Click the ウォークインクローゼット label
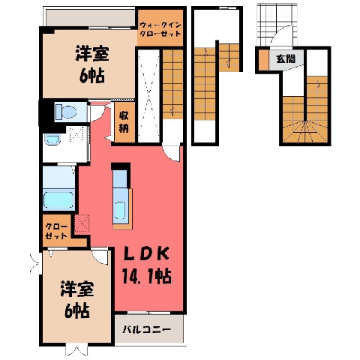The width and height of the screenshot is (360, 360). click(160, 29)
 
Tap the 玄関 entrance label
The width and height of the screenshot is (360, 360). click(286, 59)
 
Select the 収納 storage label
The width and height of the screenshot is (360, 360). click(124, 121)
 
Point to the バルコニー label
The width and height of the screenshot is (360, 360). click(147, 329)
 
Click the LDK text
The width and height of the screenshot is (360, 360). click(146, 254)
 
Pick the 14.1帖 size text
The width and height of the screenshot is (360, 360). click(146, 277)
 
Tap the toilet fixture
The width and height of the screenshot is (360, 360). click(66, 112)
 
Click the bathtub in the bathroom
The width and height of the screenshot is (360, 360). click(58, 199)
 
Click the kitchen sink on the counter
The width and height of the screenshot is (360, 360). click(121, 210)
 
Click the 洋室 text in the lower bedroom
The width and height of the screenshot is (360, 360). click(76, 289)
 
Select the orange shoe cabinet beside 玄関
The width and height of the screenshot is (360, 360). click(263, 60)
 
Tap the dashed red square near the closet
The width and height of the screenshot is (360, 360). click(82, 223)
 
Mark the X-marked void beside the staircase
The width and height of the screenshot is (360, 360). click(149, 96)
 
